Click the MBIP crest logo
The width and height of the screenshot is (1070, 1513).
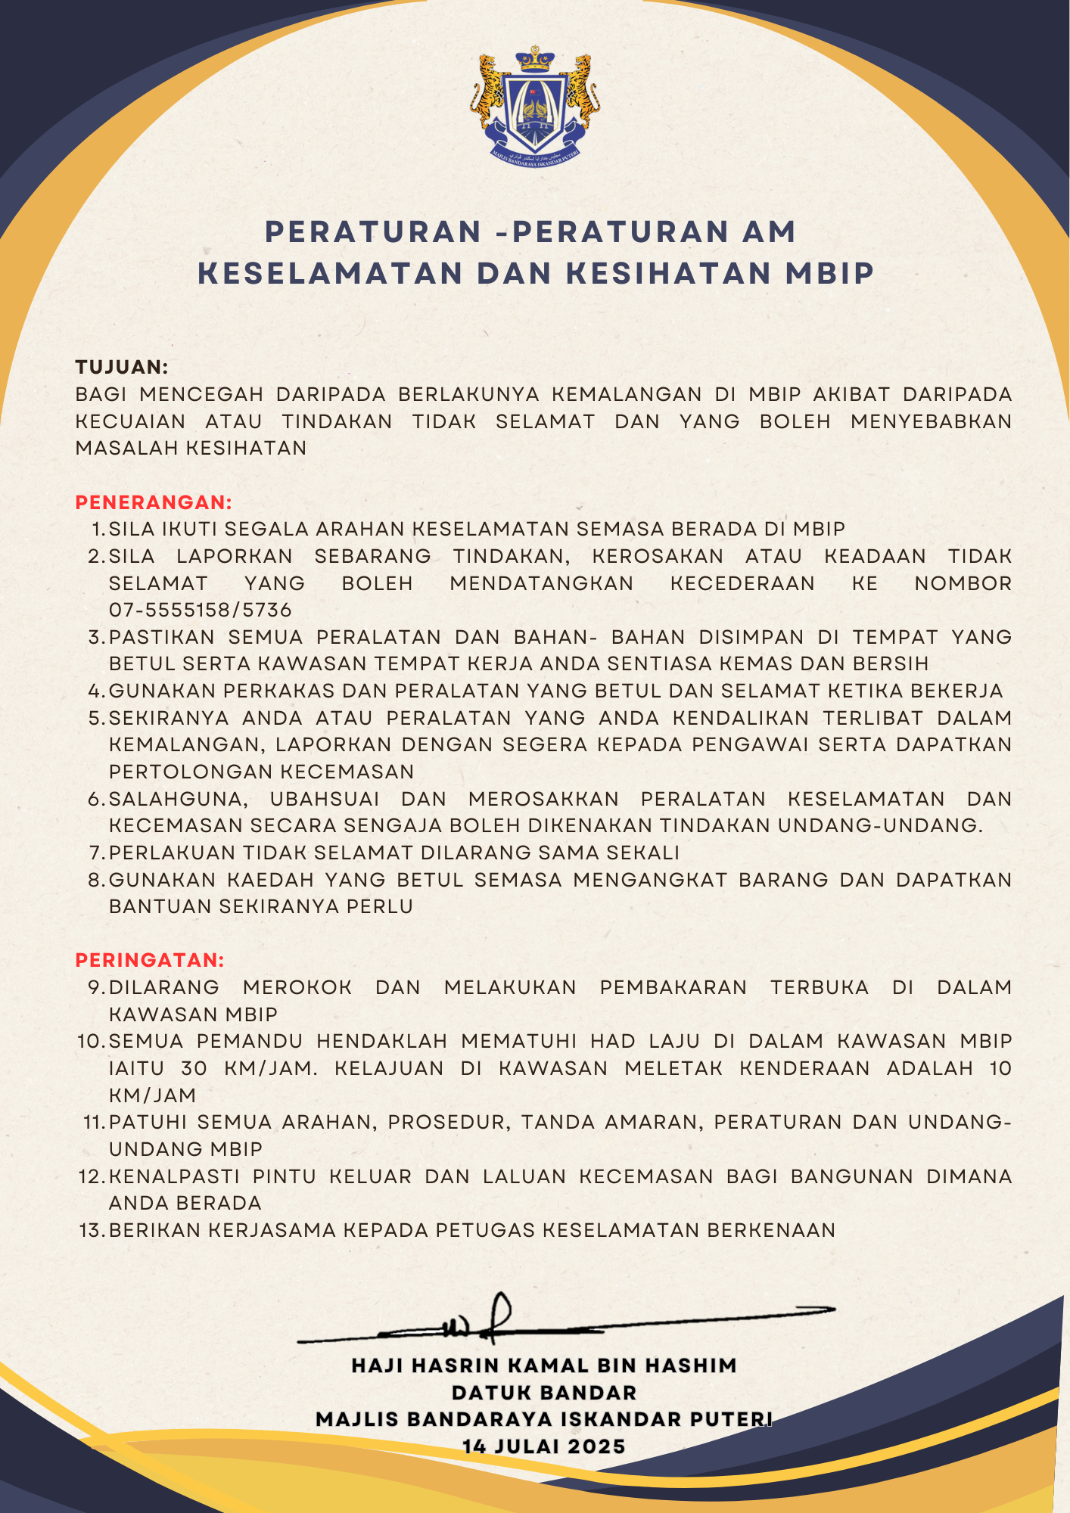[x=535, y=106]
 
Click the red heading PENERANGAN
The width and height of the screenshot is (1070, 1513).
[x=154, y=502]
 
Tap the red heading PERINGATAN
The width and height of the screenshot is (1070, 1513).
[x=150, y=960]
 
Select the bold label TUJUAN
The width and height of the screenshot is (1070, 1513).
[x=121, y=367]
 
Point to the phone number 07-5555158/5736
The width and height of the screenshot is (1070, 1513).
[x=201, y=610]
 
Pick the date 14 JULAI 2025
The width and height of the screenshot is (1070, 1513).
[x=544, y=1446]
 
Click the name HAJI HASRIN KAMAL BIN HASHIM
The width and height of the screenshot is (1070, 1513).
[x=544, y=1365]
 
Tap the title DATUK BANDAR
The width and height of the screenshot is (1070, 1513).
[x=544, y=1393]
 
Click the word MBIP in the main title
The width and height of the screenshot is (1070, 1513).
[x=829, y=273]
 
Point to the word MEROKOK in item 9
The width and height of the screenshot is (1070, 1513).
[x=297, y=987]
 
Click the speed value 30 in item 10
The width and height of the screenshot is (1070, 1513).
[x=194, y=1068]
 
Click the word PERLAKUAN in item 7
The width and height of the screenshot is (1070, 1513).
[x=173, y=853]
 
